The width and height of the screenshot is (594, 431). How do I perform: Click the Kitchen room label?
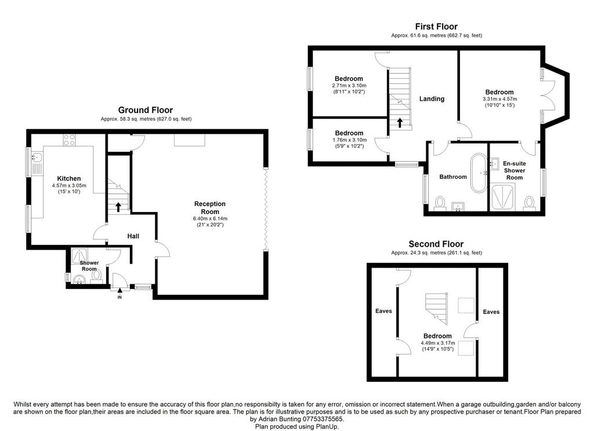click(69, 178)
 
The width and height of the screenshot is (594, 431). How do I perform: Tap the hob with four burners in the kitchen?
click(70, 140)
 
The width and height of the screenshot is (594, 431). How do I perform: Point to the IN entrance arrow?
click(119, 291)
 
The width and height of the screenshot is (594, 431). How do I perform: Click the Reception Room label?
click(210, 208)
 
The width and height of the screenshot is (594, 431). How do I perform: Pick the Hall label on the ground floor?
click(133, 236)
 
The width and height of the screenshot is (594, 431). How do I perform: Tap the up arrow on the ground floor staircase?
click(118, 207)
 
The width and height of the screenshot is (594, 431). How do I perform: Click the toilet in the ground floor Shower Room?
click(96, 275)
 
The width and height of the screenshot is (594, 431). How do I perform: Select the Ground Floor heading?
click(146, 110)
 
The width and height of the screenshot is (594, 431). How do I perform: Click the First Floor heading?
click(436, 27)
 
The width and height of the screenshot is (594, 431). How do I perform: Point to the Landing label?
click(432, 98)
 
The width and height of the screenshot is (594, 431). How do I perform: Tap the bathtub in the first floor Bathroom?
click(479, 173)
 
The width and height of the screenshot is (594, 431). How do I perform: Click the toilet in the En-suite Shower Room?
click(529, 202)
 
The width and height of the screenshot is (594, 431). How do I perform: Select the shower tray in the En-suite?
click(503, 197)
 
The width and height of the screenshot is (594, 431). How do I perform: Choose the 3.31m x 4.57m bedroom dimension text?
click(499, 98)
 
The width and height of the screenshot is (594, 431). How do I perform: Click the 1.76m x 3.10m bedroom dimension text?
click(349, 140)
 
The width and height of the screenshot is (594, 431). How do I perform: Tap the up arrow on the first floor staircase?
click(400, 123)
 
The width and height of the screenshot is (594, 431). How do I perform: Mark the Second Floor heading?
click(436, 244)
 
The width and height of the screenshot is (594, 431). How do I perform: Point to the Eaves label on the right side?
click(491, 312)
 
